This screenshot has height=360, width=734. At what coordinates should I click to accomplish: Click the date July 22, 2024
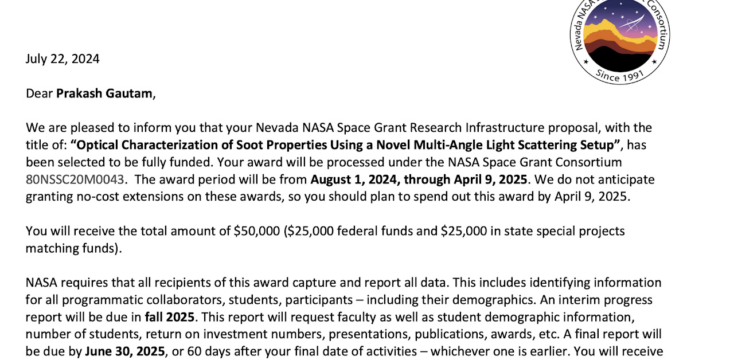[x=63, y=59]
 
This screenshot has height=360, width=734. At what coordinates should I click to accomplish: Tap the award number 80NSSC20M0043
[x=75, y=179]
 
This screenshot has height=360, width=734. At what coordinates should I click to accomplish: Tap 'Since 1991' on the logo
[x=620, y=75]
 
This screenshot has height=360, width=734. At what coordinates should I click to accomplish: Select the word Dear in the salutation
[x=39, y=93]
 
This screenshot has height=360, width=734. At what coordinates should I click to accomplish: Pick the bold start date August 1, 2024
[x=355, y=179]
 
